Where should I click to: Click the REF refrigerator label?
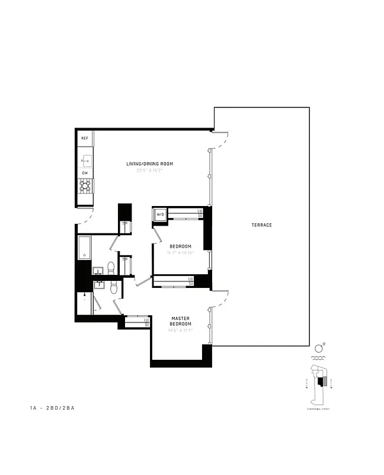[x=85, y=138]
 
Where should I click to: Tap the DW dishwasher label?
[x=85, y=173]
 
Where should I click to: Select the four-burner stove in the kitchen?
[x=85, y=187]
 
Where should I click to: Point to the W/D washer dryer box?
[x=160, y=214]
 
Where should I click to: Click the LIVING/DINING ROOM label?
[x=149, y=164]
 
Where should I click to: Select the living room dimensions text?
[x=149, y=170]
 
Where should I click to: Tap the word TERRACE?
[x=261, y=225]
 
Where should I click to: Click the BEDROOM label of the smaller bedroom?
[x=180, y=246]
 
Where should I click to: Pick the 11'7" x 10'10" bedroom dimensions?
[x=180, y=253]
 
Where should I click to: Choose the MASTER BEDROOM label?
[x=180, y=321]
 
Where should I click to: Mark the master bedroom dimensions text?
[x=180, y=331]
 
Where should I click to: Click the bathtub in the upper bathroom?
[x=84, y=248]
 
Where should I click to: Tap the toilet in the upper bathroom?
[x=111, y=267]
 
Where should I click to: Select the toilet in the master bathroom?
[x=116, y=288]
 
